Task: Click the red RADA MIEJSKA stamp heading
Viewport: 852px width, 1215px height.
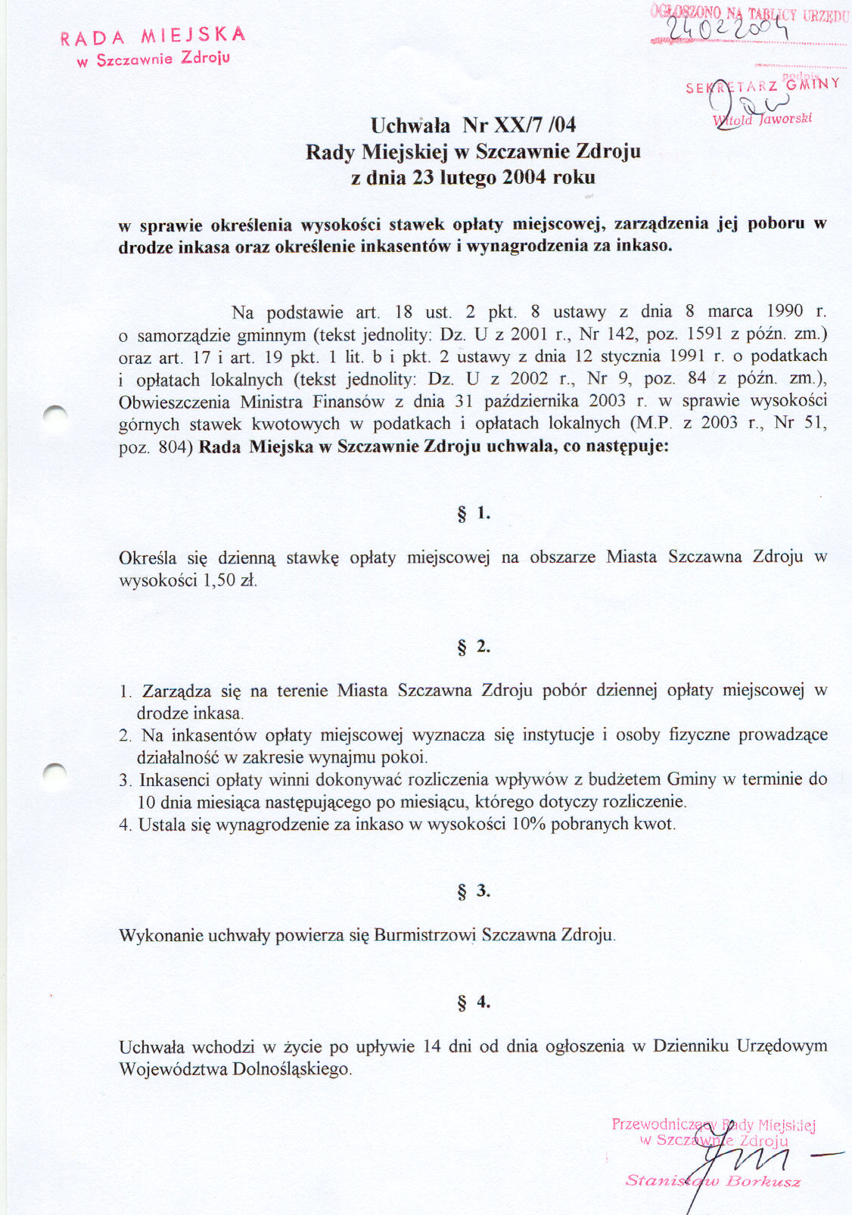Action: click(153, 36)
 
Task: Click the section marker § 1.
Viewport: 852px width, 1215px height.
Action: click(474, 514)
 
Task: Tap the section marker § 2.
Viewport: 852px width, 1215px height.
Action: click(474, 647)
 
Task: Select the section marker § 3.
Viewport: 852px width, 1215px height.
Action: click(474, 891)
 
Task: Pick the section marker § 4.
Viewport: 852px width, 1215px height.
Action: click(474, 1002)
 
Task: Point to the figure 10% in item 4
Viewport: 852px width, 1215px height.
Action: click(528, 824)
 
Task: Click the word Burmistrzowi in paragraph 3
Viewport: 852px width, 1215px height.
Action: click(424, 935)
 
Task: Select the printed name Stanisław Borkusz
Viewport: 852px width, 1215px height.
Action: click(713, 1181)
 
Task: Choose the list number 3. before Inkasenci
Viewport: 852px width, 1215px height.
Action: click(125, 780)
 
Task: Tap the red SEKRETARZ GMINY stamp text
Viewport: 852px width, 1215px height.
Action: click(762, 86)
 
